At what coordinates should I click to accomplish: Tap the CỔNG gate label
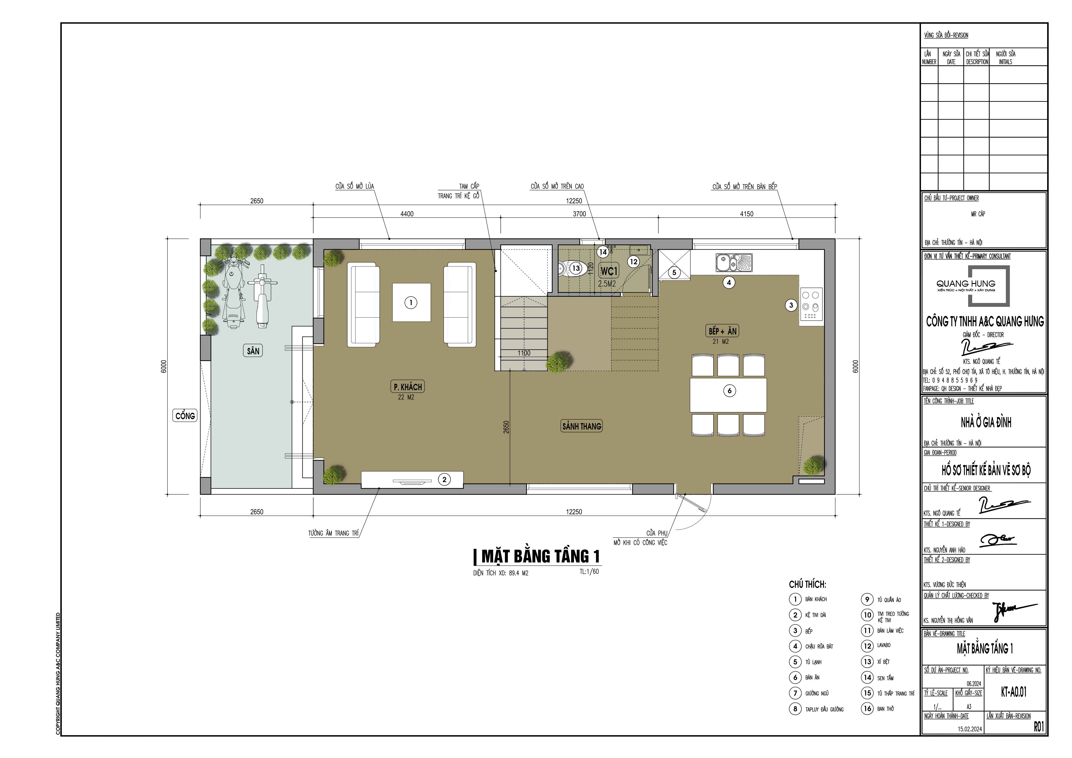185,415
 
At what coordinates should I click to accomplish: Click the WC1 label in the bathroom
609,271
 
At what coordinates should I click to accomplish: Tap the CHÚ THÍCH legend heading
807,584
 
